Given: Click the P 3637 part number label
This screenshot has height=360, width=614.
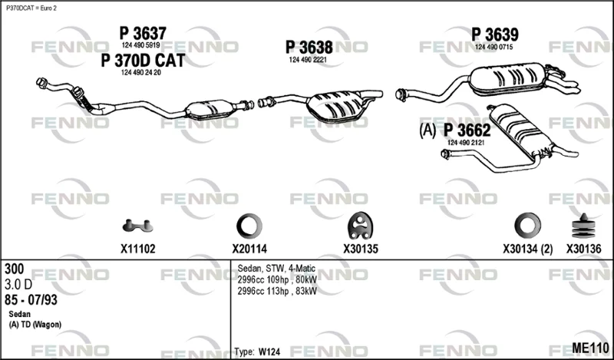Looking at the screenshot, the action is point(143,34).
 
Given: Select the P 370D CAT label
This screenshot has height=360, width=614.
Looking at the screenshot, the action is point(143,61).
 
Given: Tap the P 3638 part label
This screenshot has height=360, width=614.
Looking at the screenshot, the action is point(309,48).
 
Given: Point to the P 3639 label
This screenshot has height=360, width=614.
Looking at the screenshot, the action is point(495,35).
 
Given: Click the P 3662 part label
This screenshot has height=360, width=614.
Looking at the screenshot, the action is point(467,130).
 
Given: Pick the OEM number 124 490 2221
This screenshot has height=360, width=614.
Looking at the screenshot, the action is point(308,60).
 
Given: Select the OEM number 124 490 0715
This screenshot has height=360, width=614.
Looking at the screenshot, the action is point(494,47).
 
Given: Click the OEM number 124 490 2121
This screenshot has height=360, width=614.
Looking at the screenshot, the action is point(466,143).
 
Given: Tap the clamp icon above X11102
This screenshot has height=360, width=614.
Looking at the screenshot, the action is point(137,226).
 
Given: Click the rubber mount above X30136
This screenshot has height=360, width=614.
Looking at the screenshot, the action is point(583,226).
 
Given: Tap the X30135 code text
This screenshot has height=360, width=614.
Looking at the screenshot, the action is point(361,249).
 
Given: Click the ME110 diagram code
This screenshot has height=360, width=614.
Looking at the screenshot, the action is point(590,348).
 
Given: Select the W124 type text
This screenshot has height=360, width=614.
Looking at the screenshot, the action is point(269,352).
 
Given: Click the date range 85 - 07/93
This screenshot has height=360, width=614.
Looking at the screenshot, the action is point(31,300).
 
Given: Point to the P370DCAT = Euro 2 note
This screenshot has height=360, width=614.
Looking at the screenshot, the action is point(31,8).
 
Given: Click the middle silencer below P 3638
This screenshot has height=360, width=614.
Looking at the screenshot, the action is point(337,106).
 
